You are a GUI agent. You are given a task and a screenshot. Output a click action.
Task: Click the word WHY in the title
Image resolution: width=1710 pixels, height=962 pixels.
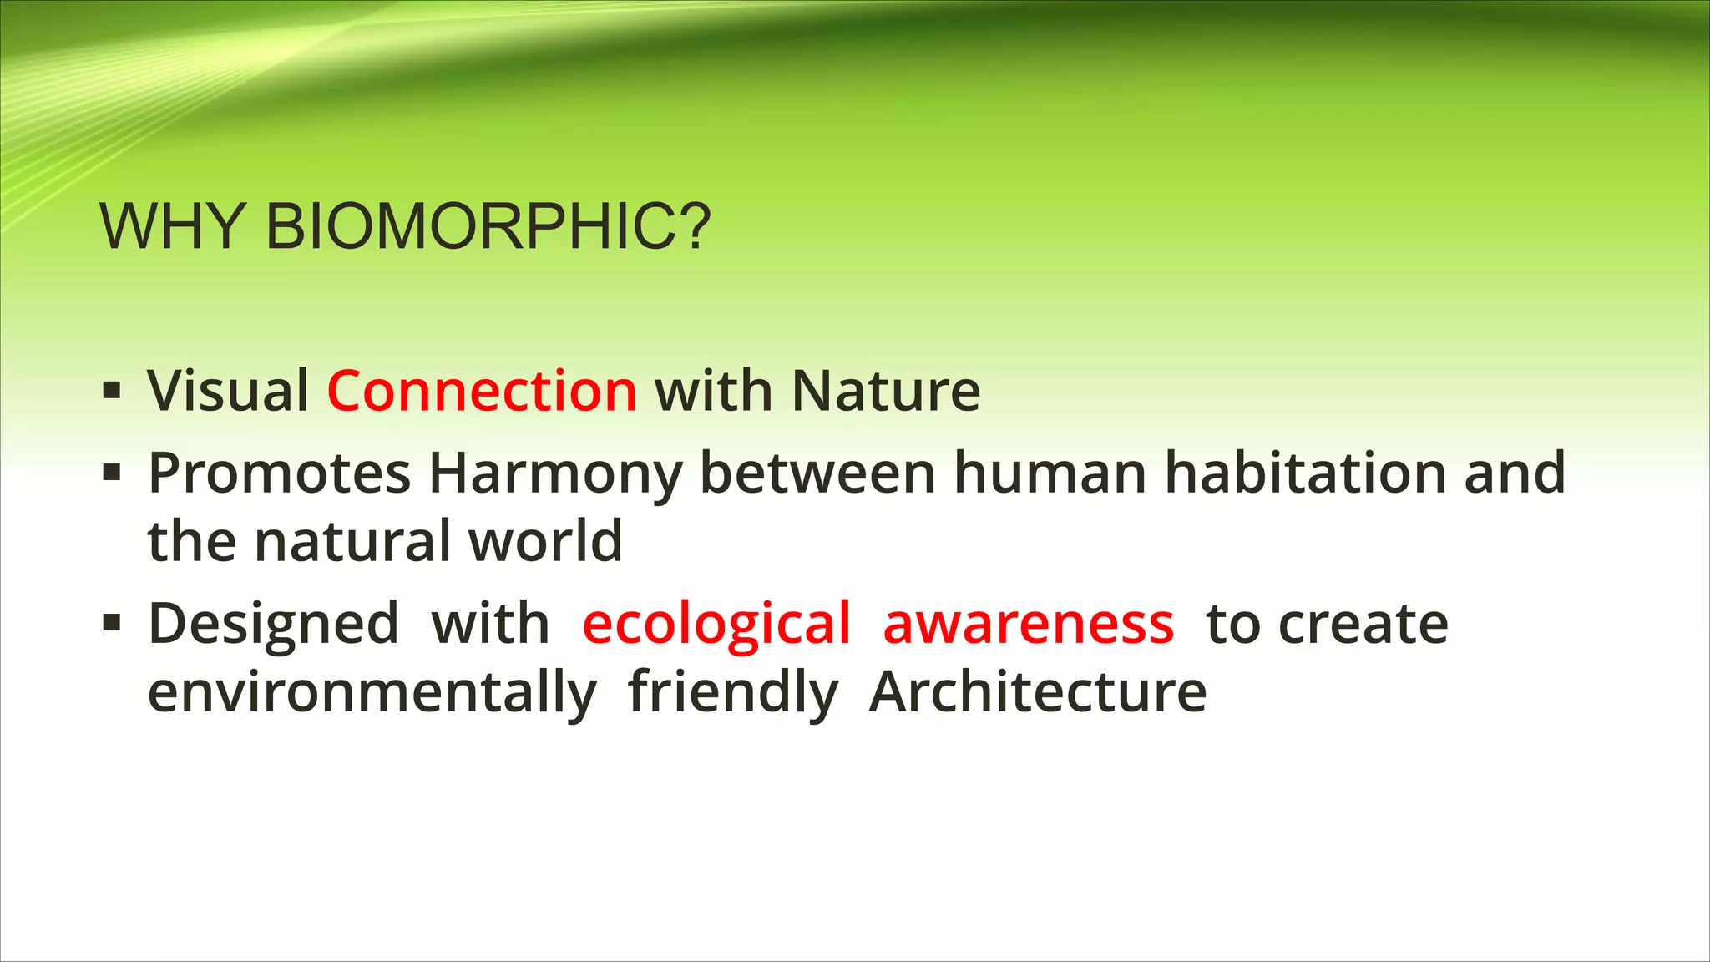(171, 226)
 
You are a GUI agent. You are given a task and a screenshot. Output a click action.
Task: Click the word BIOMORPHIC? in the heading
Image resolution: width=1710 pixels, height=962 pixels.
(488, 226)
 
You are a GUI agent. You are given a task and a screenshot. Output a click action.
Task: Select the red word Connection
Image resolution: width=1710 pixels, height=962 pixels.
(482, 391)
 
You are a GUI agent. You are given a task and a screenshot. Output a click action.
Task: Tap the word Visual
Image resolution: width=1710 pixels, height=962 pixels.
(228, 391)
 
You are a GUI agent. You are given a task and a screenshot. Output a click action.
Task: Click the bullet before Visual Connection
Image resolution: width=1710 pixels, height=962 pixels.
(112, 390)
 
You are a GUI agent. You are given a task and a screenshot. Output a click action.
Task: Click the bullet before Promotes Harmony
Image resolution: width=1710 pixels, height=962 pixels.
(112, 473)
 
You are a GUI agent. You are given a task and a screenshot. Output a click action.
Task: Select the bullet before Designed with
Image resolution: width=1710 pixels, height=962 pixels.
(112, 623)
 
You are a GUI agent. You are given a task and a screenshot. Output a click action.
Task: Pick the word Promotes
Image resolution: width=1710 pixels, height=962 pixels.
(279, 473)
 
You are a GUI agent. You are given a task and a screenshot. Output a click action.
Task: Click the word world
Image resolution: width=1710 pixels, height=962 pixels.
(545, 541)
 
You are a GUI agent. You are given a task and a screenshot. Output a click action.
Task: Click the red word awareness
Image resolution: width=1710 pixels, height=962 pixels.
(1028, 625)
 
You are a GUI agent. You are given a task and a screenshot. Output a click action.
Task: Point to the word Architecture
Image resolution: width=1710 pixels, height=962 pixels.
(1038, 692)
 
